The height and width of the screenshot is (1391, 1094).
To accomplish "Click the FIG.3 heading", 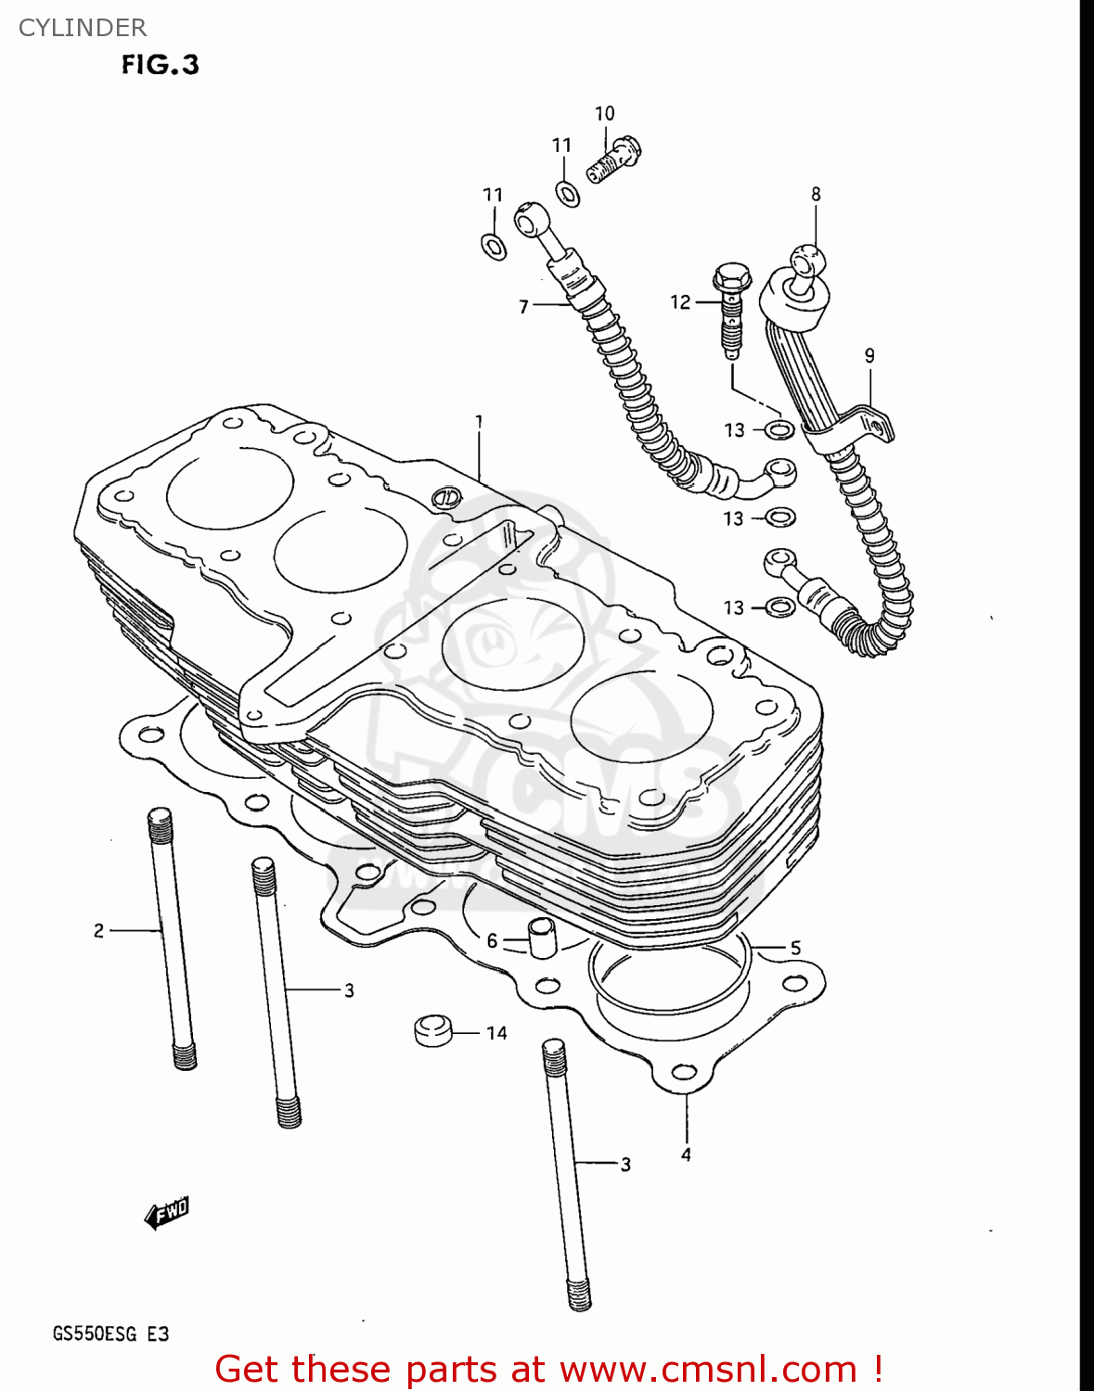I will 160,65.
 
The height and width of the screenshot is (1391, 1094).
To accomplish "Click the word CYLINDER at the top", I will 83,28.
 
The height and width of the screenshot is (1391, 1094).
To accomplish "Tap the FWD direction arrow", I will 167,1213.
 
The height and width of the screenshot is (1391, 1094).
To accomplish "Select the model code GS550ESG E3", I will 110,1334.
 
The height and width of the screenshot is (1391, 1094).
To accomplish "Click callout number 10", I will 604,113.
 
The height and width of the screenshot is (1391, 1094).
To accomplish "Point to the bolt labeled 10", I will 615,160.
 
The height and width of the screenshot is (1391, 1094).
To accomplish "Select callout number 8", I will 816,194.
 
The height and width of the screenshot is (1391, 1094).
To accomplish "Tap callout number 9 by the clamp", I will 869,355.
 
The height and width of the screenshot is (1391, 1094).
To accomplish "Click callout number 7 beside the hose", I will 523,306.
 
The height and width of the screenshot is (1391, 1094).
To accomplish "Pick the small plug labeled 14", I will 432,1030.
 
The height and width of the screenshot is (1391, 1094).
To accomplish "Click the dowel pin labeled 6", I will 541,938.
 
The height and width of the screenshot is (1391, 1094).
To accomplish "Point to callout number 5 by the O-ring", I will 795,948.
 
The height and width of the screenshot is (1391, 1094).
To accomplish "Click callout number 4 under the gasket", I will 686,1155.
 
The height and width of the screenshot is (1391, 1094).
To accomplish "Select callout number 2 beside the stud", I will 98,930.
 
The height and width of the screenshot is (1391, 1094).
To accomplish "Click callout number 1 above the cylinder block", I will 479,422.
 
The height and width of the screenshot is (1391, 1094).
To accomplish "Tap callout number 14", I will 496,1033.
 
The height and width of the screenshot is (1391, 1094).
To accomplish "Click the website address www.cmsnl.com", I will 708,1369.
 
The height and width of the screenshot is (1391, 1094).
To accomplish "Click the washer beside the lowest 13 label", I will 781,607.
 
